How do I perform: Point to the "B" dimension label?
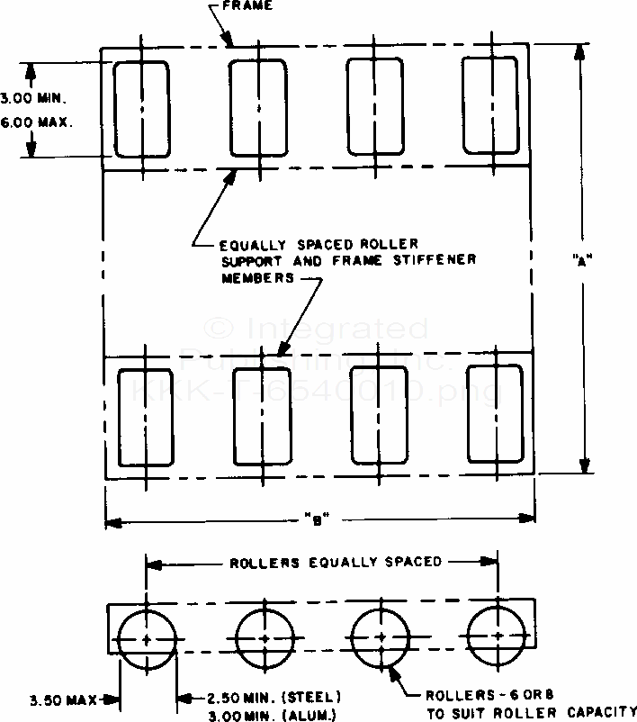314,518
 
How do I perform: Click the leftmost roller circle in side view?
147,638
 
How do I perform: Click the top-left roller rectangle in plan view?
141,109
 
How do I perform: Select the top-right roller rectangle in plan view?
491,105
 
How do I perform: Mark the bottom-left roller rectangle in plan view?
146,416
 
